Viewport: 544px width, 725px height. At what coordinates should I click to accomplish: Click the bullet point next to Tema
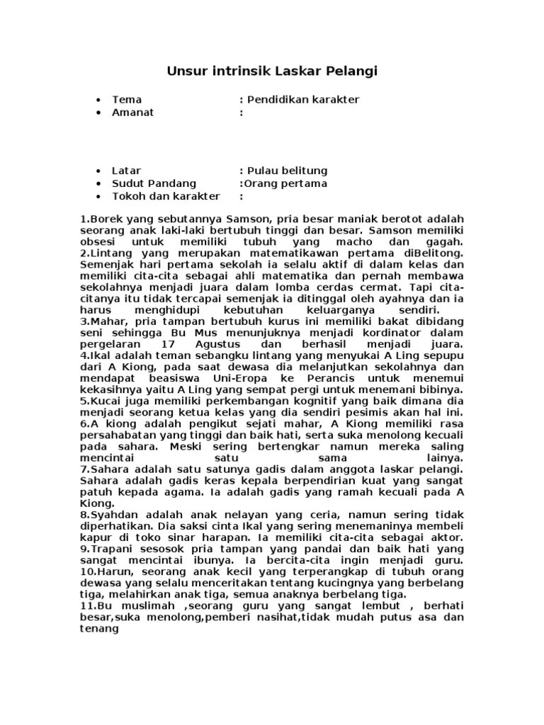pyautogui.click(x=97, y=100)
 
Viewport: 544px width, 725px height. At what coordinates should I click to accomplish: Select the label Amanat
pyautogui.click(x=133, y=113)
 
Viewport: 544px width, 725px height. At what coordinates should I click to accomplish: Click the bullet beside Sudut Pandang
pyautogui.click(x=97, y=183)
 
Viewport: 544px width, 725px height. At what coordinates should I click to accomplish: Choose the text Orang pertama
pyautogui.click(x=286, y=183)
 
